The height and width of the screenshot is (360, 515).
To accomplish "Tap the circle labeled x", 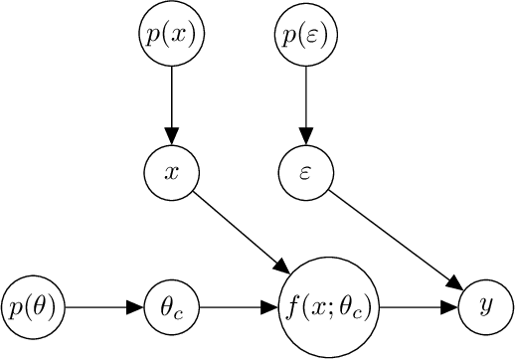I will point(172,172).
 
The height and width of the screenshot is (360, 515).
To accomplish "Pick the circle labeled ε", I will point(306,172).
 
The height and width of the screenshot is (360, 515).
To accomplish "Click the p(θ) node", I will point(34,308).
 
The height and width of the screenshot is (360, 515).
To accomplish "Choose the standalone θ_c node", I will point(172,308).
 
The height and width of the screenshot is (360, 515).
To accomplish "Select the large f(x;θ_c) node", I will point(328,308).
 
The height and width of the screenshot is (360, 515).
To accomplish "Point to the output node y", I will point(486,308).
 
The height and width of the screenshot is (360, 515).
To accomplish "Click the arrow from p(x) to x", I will point(172,103).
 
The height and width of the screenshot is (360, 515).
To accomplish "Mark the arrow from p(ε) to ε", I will point(306,103).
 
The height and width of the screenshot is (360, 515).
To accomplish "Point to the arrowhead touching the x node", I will point(172,137).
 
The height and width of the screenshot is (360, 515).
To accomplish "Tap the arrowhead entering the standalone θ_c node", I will point(136,308).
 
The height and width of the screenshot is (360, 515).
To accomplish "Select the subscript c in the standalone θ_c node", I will point(180,313).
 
